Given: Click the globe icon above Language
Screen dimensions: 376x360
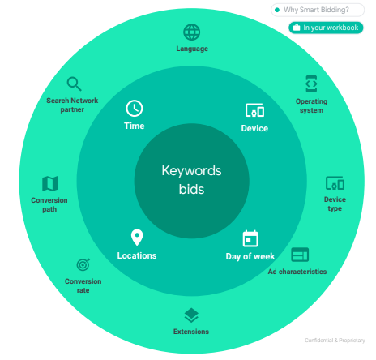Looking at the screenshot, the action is (192, 32).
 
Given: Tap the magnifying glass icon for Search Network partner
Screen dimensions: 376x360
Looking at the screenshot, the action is (74, 84).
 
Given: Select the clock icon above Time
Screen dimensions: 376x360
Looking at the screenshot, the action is (135, 109).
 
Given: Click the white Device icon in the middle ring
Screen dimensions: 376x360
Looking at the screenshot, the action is (254, 110).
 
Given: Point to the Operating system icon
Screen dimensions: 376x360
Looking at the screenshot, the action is (311, 84).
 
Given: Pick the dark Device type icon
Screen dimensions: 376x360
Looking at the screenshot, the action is (335, 183).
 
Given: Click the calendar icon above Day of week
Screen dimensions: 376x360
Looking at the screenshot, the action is (250, 238).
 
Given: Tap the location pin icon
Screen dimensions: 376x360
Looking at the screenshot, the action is (137, 238).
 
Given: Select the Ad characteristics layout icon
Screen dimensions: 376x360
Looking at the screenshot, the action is (300, 255).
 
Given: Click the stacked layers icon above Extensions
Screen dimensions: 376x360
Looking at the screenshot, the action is (191, 315).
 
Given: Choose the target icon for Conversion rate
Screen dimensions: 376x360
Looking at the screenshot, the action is (83, 264).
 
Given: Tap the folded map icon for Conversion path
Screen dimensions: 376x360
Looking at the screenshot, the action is (50, 183).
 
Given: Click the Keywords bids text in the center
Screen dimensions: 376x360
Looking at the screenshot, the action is (191, 180).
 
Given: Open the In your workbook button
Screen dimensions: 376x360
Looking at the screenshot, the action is (326, 28).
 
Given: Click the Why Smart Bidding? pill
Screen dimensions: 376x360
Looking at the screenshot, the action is (318, 10).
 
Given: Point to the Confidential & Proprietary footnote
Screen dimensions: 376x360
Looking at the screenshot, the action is (335, 341).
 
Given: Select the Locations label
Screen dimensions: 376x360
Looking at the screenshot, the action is (137, 255).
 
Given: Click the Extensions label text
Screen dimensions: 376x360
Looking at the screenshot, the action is (191, 332).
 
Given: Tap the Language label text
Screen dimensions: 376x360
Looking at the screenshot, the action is (192, 49).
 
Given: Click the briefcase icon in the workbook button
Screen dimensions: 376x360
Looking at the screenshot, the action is (297, 28).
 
